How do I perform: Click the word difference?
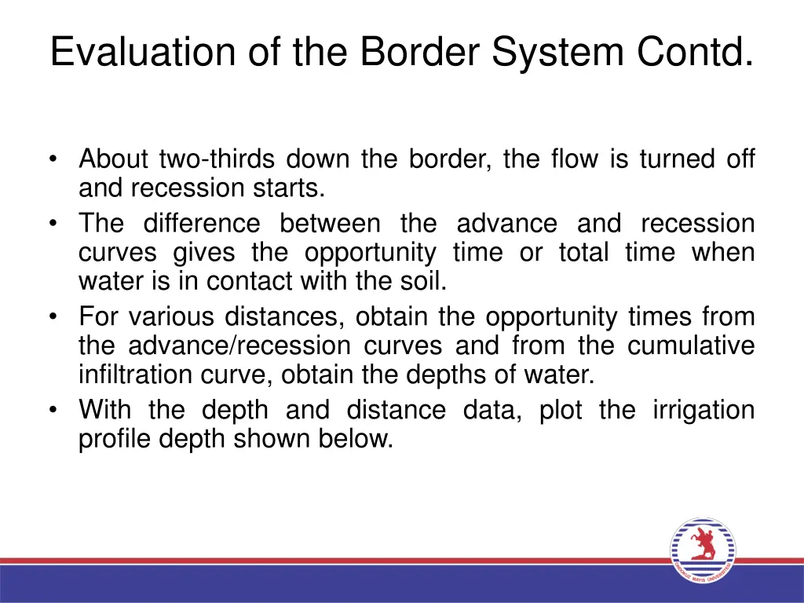click(x=201, y=224)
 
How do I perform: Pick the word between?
click(x=330, y=224)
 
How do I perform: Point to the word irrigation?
click(x=703, y=410)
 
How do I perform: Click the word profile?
click(x=115, y=439)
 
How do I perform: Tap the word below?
click(x=358, y=439)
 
